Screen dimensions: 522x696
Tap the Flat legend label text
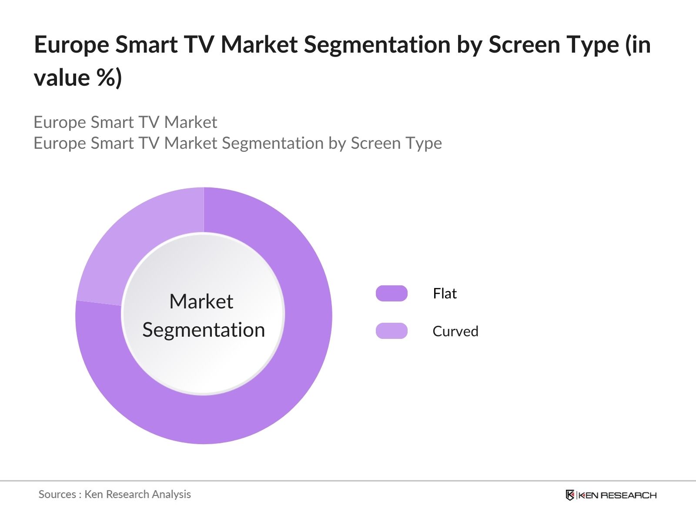pyautogui.click(x=445, y=294)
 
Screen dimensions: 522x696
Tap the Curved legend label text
pyautogui.click(x=455, y=331)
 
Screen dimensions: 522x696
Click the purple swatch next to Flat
pyautogui.click(x=391, y=294)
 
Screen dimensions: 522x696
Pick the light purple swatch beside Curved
pyautogui.click(x=391, y=331)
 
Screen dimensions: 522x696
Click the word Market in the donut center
pyautogui.click(x=201, y=301)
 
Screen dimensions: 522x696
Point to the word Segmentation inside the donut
pyautogui.click(x=204, y=330)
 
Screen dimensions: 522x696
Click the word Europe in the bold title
pyautogui.click(x=71, y=45)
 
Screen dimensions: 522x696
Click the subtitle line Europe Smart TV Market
pyautogui.click(x=125, y=122)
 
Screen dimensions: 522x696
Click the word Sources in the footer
pyautogui.click(x=57, y=495)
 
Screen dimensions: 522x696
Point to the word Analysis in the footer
pyautogui.click(x=171, y=495)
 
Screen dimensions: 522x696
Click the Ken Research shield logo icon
pyautogui.click(x=570, y=495)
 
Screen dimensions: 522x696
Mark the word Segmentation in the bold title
pyautogui.click(x=377, y=45)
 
